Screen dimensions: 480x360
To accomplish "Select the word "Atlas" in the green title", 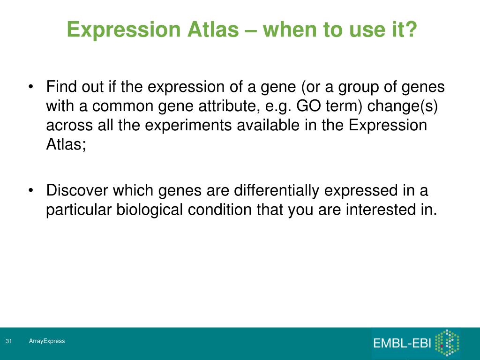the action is (213, 29).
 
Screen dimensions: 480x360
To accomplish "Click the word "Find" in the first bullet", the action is (61, 86).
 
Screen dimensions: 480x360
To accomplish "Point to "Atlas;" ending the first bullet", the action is (66, 144).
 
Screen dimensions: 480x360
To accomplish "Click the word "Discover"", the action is (77, 190).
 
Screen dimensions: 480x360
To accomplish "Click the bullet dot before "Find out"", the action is (30, 87).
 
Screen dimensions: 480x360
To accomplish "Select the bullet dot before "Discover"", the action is (30, 190).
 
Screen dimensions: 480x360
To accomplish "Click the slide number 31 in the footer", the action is (8, 341).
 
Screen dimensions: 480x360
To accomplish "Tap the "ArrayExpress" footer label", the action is (47, 341).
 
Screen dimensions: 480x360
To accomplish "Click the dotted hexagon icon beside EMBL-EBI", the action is (447, 343).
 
